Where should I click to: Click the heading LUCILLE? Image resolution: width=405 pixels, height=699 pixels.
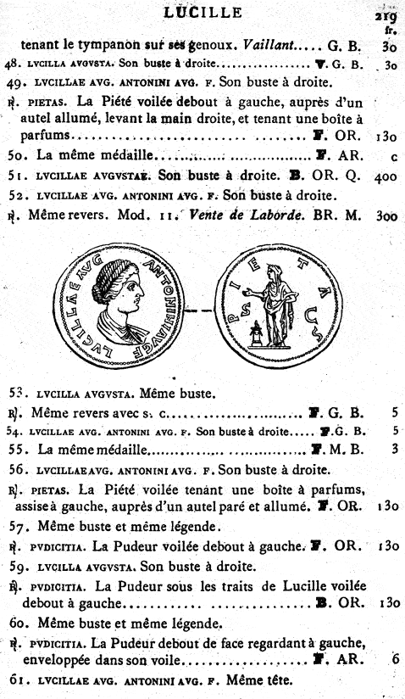coord(202,12)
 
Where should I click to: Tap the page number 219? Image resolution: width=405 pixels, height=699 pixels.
coord(386,14)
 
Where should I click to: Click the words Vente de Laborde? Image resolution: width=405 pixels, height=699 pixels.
coord(239,215)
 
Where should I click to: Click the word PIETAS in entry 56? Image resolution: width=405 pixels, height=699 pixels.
coord(49,490)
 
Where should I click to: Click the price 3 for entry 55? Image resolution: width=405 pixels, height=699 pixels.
coord(394,451)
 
